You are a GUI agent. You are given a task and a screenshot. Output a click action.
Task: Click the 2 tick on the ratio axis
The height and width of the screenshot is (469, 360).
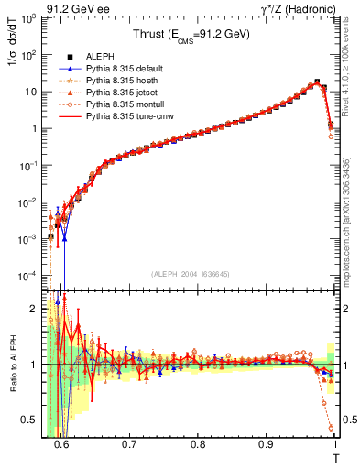[x=38, y=308]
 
